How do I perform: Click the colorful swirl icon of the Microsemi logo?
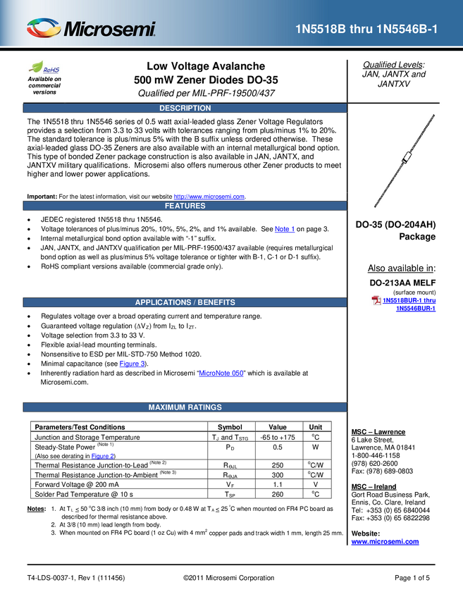(44, 28)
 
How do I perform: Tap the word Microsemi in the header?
(109, 30)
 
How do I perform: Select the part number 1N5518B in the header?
(321, 29)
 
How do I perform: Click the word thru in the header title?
(361, 29)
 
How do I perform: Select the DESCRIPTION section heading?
(185, 109)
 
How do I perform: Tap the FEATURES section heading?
(185, 206)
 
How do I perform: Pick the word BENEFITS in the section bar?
(216, 302)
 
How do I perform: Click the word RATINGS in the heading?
(206, 407)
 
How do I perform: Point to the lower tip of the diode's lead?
(376, 206)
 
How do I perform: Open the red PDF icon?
(377, 301)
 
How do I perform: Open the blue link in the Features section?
(285, 229)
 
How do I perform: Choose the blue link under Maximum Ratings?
(102, 455)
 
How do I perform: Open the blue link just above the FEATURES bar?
(209, 197)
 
